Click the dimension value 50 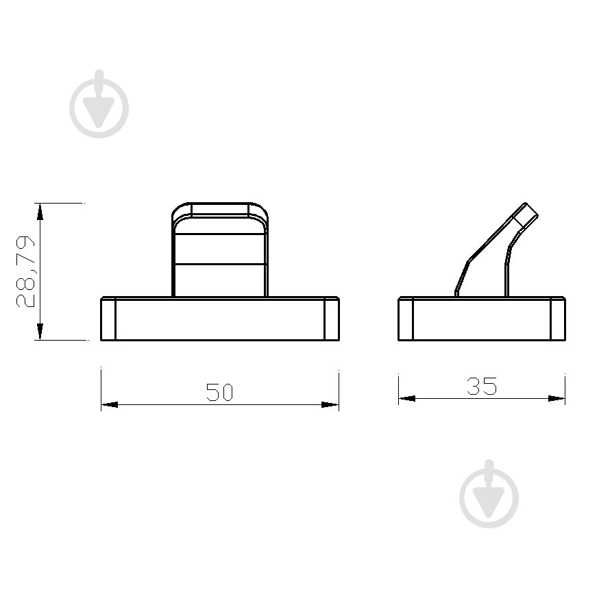pos(219,392)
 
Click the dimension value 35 pos(482,386)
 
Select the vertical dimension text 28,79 pos(25,271)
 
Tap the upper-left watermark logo pos(99,104)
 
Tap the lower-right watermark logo pos(489,494)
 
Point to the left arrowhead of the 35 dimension pos(407,398)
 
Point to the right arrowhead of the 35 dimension pos(557,398)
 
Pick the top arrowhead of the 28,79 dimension pos(40,212)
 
